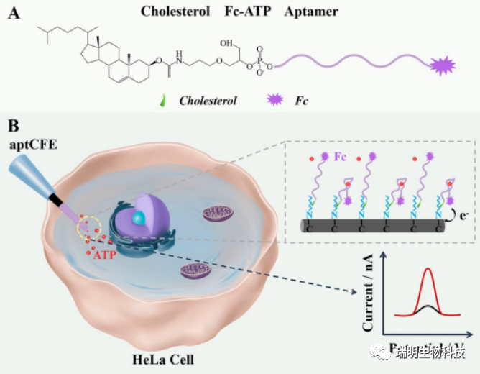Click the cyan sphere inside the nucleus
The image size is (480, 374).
137,217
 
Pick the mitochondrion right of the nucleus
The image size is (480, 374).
218,213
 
